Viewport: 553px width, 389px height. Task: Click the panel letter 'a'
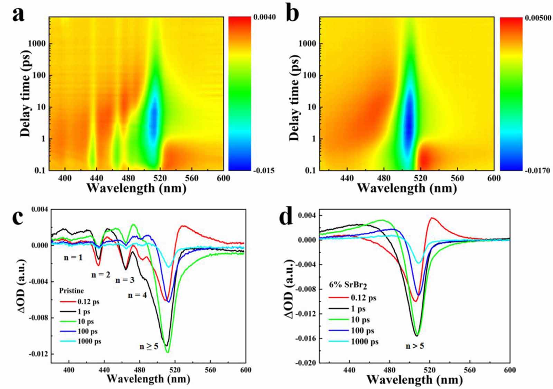point(18,15)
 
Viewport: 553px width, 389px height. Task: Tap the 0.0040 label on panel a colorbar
point(264,17)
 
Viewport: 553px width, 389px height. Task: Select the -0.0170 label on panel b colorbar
point(537,170)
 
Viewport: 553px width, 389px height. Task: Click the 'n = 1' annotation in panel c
point(73,257)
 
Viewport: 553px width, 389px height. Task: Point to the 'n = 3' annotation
point(125,280)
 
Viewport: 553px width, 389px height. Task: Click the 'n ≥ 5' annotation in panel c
point(149,346)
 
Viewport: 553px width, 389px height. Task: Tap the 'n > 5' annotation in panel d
point(415,345)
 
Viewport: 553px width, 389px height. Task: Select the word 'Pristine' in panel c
point(72,290)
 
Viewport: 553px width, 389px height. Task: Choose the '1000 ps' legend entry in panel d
point(364,342)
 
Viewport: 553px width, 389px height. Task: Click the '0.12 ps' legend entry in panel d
point(363,298)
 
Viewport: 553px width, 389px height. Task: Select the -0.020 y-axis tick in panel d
point(306,363)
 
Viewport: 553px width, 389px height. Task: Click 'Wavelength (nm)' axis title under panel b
point(407,188)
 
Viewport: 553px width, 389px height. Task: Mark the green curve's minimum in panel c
point(168,352)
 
